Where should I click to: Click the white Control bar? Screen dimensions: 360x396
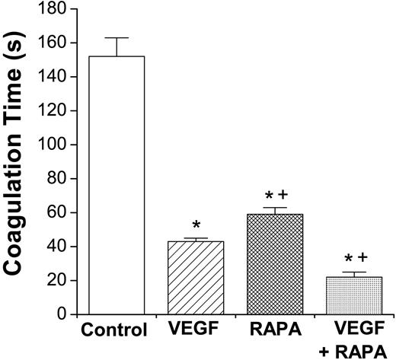(x=117, y=185)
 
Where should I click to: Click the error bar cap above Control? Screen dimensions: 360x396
(x=117, y=38)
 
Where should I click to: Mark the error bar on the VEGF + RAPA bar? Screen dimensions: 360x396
(x=354, y=273)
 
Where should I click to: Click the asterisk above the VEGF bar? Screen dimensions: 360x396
(x=196, y=226)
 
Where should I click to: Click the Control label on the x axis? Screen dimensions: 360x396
(x=116, y=331)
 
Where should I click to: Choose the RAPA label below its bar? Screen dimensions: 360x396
(x=275, y=330)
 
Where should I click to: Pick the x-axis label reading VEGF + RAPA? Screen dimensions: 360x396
(x=354, y=338)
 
